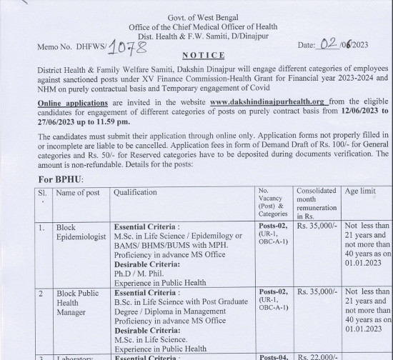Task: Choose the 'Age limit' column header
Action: click(x=363, y=192)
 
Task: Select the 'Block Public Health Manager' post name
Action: click(x=79, y=302)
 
